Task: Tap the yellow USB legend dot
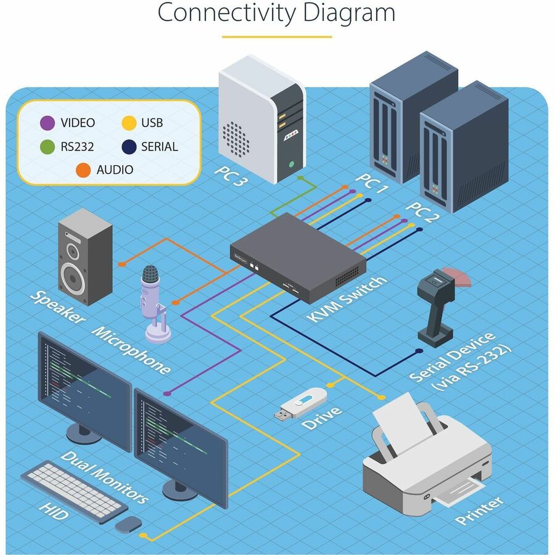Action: point(128,123)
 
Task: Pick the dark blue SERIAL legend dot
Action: point(128,147)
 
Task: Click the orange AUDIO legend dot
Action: point(83,170)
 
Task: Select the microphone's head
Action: point(150,281)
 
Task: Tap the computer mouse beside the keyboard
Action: point(128,525)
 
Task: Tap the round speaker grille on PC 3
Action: point(236,138)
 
